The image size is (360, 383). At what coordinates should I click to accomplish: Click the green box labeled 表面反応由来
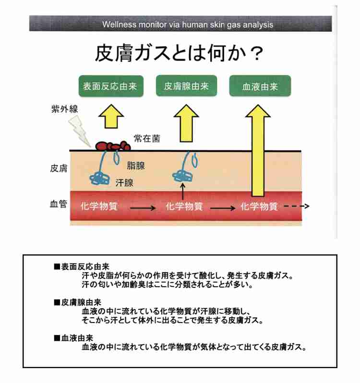click(x=111, y=86)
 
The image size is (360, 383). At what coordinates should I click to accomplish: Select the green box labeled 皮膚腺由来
click(x=186, y=86)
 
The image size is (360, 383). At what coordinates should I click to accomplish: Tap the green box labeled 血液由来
click(x=260, y=86)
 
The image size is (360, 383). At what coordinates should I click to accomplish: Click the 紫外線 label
click(x=65, y=109)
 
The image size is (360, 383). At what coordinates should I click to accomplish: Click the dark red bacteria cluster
click(x=113, y=146)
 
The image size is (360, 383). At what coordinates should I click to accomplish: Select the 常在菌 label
click(x=147, y=139)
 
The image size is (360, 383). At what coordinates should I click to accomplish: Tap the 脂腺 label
click(x=136, y=166)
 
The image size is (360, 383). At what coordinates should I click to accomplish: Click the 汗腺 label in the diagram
click(x=124, y=183)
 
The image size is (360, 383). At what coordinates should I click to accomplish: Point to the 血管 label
click(x=59, y=203)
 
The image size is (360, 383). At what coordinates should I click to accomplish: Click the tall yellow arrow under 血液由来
click(x=258, y=151)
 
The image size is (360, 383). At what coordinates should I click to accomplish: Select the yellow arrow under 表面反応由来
click(x=111, y=116)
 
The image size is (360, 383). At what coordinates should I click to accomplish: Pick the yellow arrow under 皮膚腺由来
click(x=186, y=123)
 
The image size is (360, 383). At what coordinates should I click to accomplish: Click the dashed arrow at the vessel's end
click(x=297, y=206)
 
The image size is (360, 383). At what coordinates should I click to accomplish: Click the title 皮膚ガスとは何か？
click(x=179, y=53)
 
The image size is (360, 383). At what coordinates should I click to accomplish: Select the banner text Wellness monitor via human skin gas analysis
click(x=188, y=24)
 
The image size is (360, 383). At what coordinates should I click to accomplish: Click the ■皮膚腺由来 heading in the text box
click(x=77, y=302)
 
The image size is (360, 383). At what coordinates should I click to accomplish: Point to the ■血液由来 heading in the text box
click(x=73, y=338)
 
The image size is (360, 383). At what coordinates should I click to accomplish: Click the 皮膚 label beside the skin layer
click(x=59, y=168)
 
